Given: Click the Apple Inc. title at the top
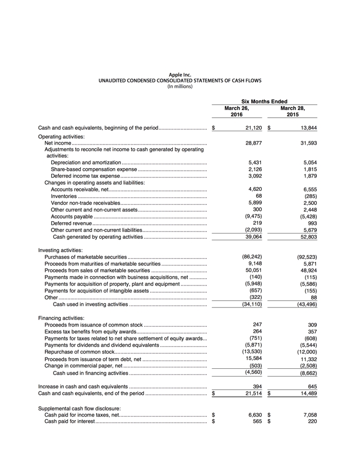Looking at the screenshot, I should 180,75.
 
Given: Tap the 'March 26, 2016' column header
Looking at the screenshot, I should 237,111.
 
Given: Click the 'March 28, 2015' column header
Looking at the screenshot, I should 292,111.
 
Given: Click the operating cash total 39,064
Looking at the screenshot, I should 253,237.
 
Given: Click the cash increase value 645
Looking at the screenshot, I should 310,386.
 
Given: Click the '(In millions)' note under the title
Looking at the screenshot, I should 180,86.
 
